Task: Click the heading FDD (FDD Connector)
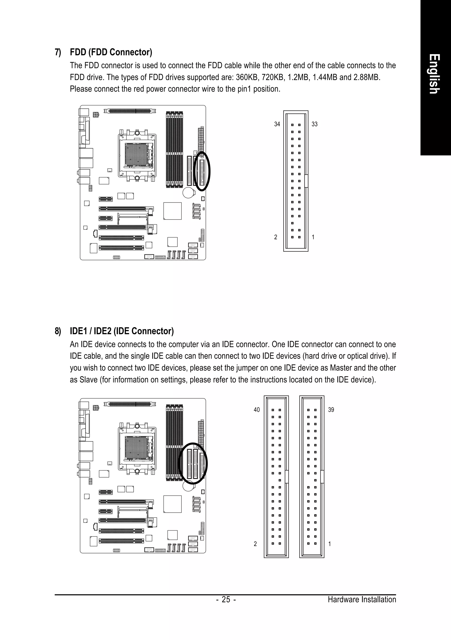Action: coord(111,52)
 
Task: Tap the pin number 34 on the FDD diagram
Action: coord(277,124)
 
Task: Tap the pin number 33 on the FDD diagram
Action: coord(314,124)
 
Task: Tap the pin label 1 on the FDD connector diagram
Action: coord(313,237)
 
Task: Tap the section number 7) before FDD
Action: coord(58,52)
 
